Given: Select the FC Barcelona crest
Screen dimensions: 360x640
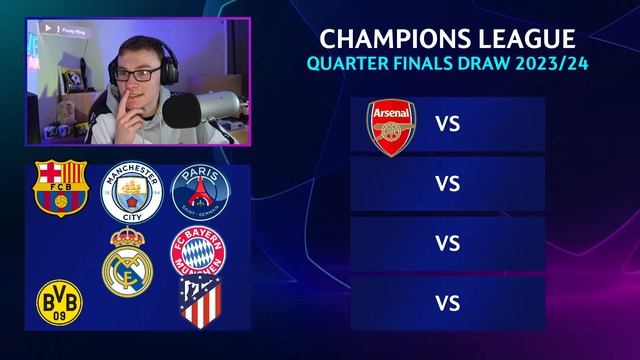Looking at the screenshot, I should (61, 187).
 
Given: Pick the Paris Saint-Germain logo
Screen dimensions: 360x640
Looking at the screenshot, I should (199, 191).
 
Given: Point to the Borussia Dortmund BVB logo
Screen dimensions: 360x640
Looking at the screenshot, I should (59, 300).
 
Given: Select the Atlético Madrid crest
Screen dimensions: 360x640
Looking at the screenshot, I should (198, 302).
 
